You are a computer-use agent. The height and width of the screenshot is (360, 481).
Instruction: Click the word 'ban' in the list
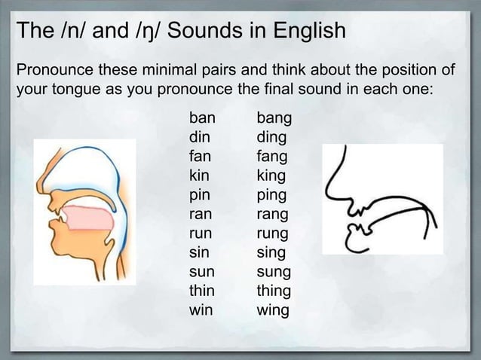(202, 118)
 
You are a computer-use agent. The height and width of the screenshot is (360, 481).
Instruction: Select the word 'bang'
(274, 119)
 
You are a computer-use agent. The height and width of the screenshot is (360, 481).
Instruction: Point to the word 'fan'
(200, 157)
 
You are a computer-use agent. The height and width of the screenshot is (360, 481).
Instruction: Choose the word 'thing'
(274, 291)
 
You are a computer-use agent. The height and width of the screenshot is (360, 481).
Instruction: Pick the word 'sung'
(274, 272)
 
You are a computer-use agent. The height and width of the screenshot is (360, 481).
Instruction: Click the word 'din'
(200, 138)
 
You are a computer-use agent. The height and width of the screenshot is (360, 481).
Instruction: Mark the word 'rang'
(273, 215)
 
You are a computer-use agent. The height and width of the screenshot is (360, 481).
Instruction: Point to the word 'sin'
(199, 252)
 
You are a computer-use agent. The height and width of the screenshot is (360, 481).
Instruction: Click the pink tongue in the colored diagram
(90, 218)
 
